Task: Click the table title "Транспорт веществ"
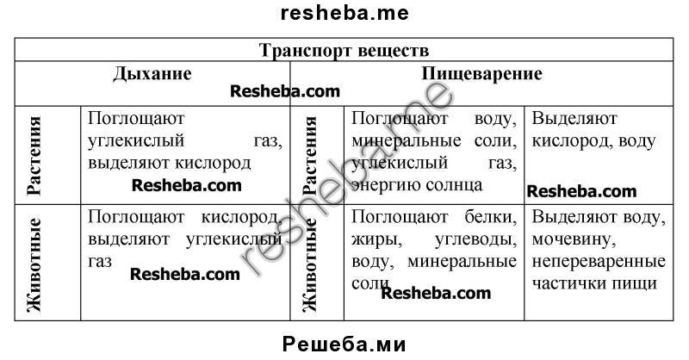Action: click(x=344, y=50)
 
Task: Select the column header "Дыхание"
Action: click(x=152, y=73)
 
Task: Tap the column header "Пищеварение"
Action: click(x=481, y=73)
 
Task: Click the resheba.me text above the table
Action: click(x=344, y=13)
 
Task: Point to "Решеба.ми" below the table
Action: click(x=344, y=345)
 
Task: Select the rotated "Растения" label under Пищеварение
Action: click(x=311, y=156)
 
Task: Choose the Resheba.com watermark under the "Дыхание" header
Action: click(x=285, y=91)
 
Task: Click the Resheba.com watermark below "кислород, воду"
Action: click(x=581, y=191)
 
